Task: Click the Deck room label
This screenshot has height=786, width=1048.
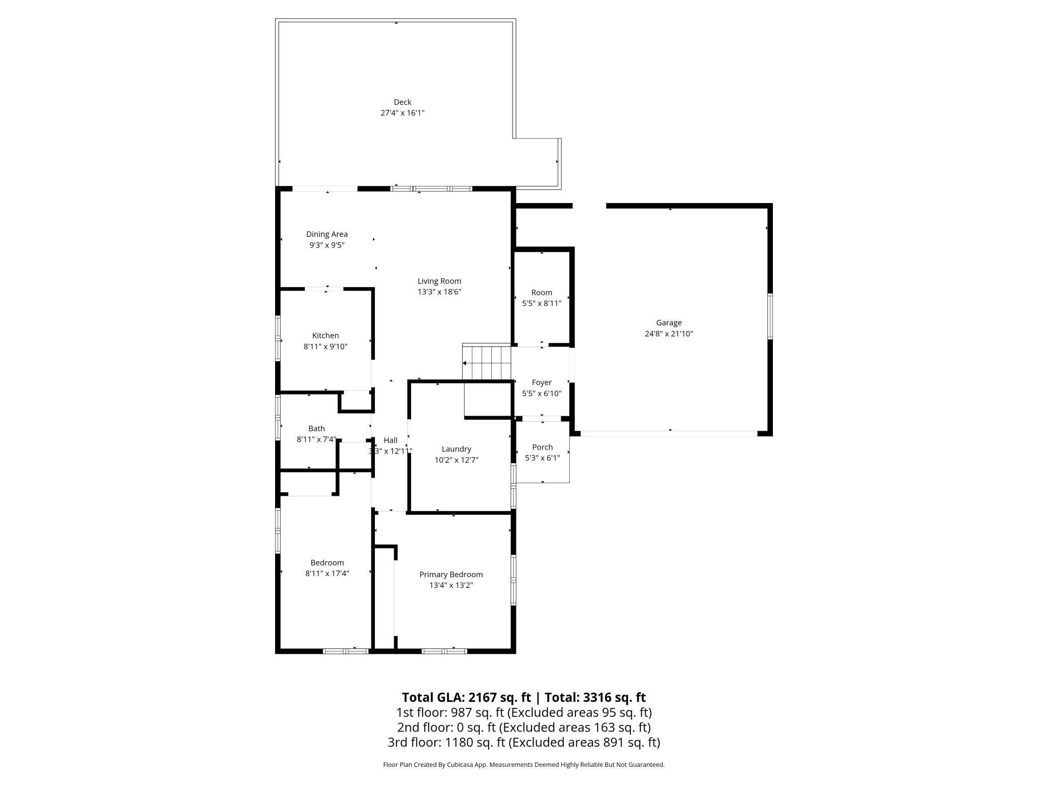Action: (403, 102)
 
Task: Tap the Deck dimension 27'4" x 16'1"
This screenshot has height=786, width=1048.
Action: (403, 113)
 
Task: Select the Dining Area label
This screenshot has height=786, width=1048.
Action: (327, 234)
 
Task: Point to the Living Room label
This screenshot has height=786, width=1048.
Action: (439, 281)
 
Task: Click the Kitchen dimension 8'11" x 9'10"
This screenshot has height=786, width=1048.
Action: (325, 347)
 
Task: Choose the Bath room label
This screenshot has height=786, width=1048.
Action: (316, 429)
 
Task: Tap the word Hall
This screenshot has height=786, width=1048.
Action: (390, 440)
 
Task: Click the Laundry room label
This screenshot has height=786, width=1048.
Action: (456, 449)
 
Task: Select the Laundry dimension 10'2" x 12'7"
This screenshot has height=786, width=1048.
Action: (456, 460)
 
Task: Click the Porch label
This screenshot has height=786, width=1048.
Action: (543, 447)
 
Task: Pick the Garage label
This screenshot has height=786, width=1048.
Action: (669, 323)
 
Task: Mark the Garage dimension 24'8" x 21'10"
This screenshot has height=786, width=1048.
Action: (669, 334)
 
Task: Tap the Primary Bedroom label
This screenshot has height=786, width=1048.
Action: (451, 574)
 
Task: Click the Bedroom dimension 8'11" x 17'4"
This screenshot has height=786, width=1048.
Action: (327, 573)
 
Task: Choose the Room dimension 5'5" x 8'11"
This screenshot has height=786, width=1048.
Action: (542, 303)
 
